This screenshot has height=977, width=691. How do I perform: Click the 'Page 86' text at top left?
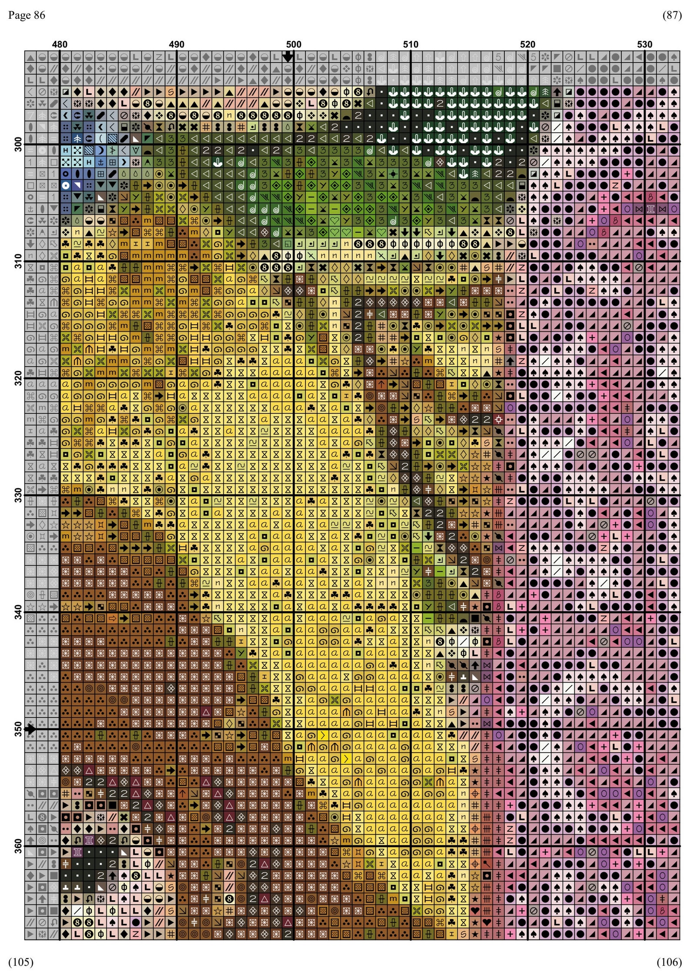pos(27,15)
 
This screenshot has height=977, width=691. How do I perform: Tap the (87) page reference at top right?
pos(671,15)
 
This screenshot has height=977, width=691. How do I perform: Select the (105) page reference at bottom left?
pos(20,962)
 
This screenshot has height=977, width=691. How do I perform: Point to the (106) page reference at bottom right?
pos(669,962)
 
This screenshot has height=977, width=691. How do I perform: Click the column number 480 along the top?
pos(60,44)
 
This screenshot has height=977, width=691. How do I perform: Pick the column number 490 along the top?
pos(177,44)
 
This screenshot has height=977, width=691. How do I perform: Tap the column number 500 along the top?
pos(294,44)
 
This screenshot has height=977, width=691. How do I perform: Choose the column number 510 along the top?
pos(411,44)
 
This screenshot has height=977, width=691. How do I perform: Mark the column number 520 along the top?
pos(527,44)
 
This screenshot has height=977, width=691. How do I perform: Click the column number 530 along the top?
pos(644,44)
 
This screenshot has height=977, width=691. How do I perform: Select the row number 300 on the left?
pos(18,144)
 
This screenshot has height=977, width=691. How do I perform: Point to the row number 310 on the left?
pos(18,261)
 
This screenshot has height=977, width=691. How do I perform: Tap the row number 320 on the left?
pos(18,378)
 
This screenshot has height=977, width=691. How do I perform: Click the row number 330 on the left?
pos(18,495)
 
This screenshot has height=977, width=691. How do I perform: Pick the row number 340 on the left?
pos(18,612)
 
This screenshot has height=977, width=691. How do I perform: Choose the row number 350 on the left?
pos(18,729)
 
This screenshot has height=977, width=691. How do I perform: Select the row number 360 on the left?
pos(18,846)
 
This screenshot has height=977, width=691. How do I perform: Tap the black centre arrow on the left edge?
pos(30,729)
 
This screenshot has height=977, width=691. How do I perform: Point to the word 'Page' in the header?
pos(19,15)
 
